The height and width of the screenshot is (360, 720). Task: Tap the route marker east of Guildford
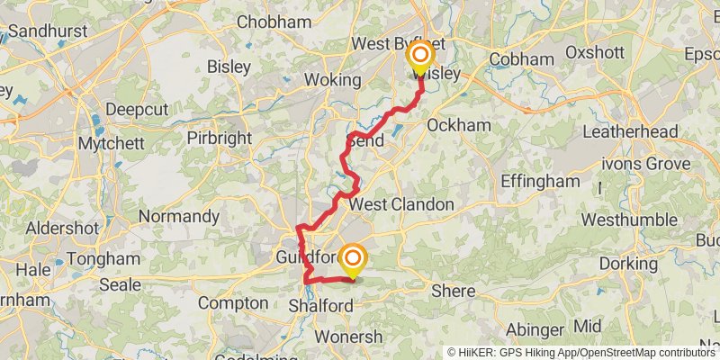(352, 259)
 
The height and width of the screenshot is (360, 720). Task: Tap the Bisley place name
(229, 67)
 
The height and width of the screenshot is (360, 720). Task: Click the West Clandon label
(401, 205)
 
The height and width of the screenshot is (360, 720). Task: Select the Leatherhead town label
(630, 132)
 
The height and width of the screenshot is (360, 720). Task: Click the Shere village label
(453, 291)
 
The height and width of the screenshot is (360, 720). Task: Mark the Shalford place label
(320, 307)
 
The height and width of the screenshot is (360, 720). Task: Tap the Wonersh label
(350, 337)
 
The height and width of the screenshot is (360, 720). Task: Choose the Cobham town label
(522, 59)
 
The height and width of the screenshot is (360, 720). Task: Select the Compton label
(233, 303)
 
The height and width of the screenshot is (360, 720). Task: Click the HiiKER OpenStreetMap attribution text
(581, 352)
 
